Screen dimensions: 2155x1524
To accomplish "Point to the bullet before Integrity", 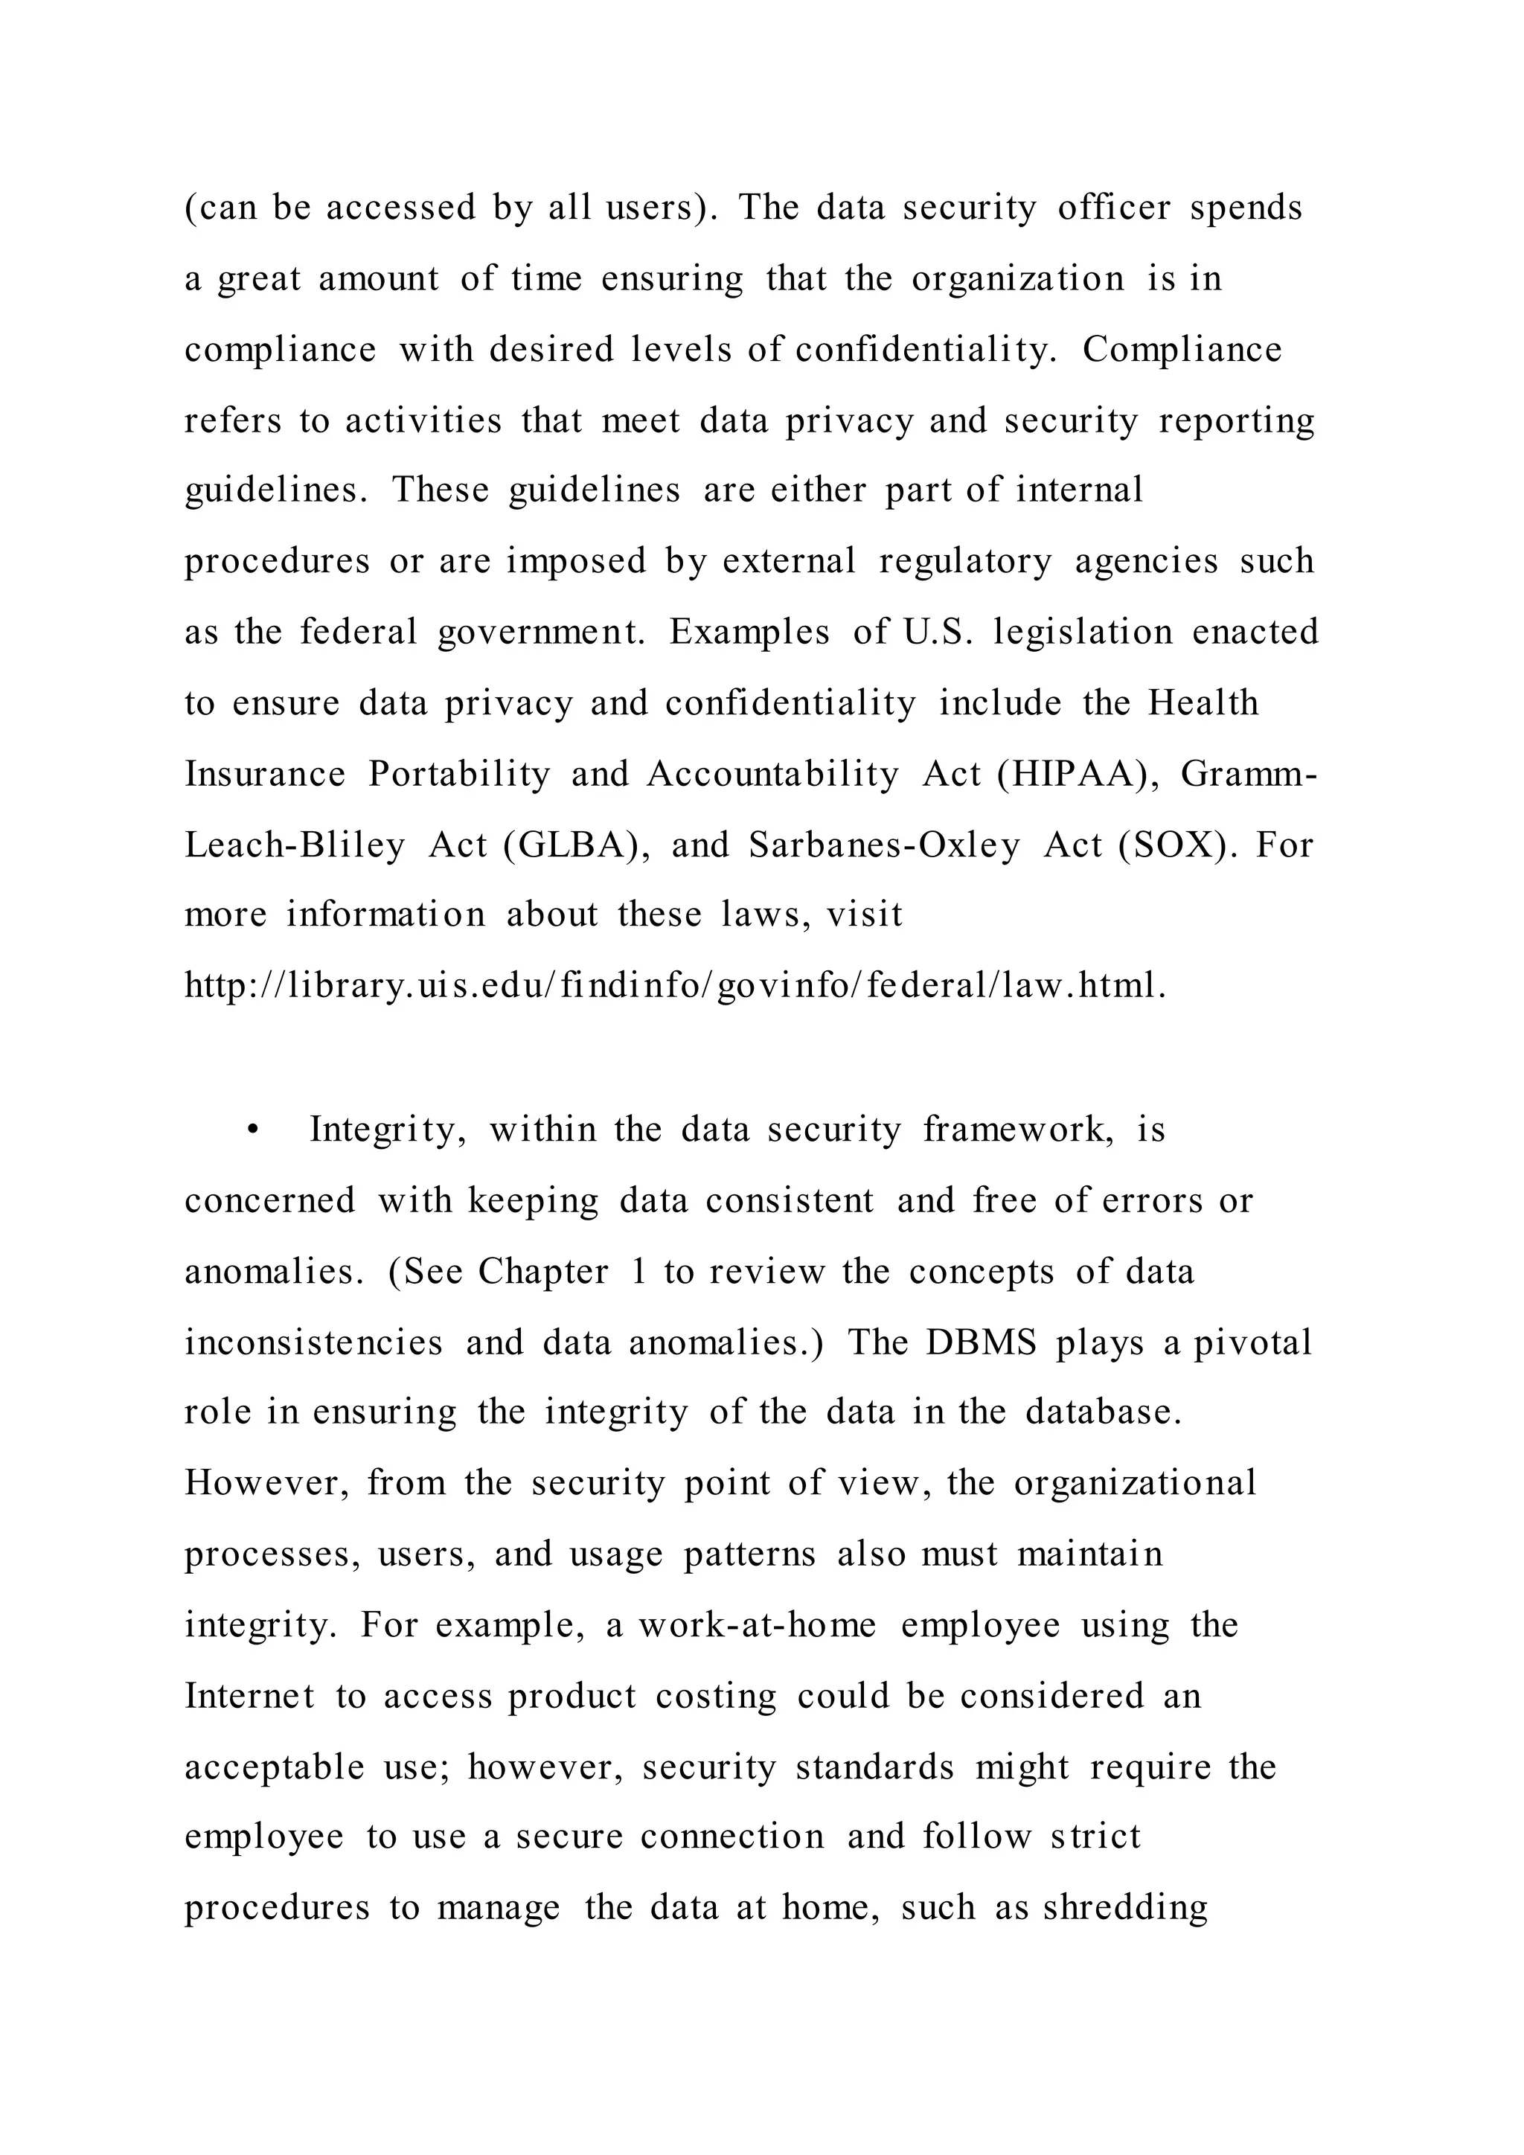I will (252, 1131).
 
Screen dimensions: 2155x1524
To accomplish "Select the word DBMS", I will (981, 1342).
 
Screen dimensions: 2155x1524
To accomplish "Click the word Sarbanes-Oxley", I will (884, 845).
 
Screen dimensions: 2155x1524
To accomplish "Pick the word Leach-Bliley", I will (295, 845).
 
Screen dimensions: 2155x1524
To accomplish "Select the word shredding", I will (1125, 1908).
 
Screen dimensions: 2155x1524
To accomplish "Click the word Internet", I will (249, 1696).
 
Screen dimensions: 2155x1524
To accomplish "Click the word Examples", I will (750, 633).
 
